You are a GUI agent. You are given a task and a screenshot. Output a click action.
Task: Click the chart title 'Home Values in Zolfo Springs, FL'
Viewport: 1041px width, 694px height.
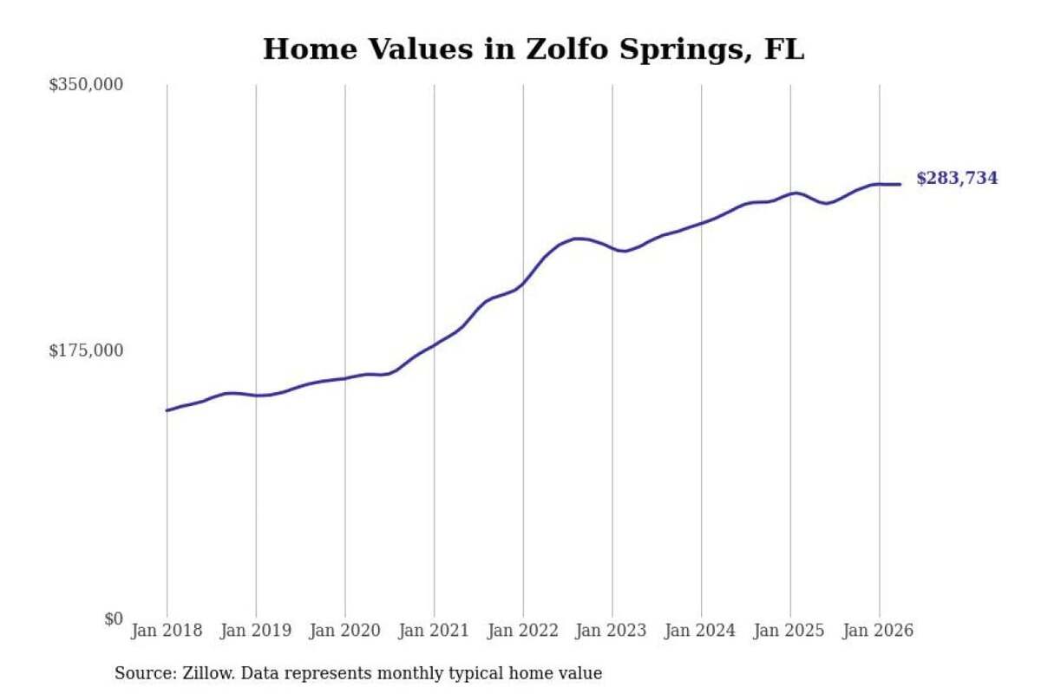click(534, 49)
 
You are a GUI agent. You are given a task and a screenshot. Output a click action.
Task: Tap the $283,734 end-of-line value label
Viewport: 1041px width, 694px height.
click(957, 178)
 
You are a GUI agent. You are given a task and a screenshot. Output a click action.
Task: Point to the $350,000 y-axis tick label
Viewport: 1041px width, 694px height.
click(86, 85)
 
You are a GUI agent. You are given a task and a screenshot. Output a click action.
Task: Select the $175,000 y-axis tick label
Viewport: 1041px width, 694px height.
click(86, 350)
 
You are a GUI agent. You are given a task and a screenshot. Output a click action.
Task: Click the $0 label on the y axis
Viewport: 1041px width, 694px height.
click(114, 619)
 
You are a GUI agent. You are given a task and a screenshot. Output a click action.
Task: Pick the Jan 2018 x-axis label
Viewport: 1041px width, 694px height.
click(167, 631)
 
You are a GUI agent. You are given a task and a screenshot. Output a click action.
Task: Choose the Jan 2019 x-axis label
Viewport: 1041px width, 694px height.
click(256, 631)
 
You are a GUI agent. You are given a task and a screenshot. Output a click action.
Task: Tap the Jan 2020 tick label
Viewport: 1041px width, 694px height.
click(345, 631)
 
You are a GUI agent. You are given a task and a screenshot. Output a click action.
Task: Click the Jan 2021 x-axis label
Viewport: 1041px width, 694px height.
click(434, 631)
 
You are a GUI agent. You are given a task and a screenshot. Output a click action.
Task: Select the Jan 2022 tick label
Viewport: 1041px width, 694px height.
click(523, 631)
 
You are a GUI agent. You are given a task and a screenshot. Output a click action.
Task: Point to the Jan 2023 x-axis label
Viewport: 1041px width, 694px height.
click(612, 631)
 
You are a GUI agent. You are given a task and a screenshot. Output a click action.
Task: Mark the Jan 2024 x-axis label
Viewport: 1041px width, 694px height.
click(701, 631)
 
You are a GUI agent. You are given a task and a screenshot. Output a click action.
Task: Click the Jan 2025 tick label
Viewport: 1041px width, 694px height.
click(790, 631)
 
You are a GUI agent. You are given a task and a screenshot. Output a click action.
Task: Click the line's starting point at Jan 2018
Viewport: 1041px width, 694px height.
click(167, 410)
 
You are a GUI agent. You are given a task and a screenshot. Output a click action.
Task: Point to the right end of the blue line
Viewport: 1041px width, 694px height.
click(900, 185)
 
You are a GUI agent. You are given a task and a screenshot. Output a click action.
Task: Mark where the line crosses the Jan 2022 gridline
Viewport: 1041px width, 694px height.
click(523, 283)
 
